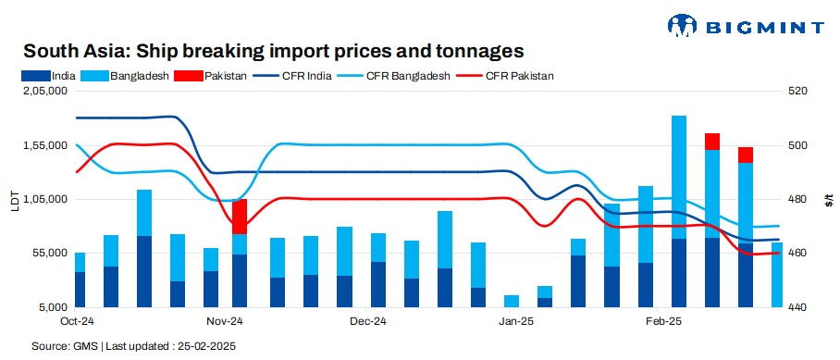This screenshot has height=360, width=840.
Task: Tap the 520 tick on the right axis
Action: pos(798,92)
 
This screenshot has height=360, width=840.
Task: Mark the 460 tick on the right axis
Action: pos(798,253)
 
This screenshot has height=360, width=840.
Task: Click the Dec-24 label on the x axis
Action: pos(368,322)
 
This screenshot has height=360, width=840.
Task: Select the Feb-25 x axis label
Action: pos(661,322)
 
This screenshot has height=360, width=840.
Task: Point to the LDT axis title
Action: pos(14,199)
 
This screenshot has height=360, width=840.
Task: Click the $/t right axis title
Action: pos(829,199)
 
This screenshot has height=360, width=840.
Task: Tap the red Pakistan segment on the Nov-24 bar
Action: pos(240,217)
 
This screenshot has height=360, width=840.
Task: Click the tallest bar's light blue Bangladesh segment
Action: pos(679,176)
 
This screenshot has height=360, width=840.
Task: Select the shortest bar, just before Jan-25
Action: pos(511,301)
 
